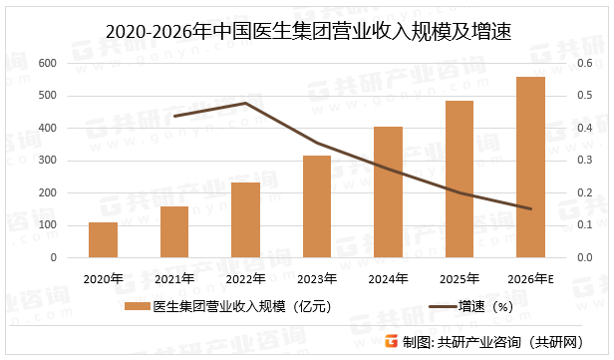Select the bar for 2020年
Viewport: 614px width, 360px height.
pyautogui.click(x=103, y=240)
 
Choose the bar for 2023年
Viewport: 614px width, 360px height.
pyautogui.click(x=317, y=206)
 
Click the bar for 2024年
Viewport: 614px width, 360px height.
pyautogui.click(x=388, y=192)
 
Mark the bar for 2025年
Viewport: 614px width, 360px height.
pyautogui.click(x=460, y=180)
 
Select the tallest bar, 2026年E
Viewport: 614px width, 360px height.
pyautogui.click(x=530, y=168)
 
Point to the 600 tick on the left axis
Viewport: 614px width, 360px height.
pyautogui.click(x=47, y=63)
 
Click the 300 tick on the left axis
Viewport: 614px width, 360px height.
pyautogui.click(x=47, y=161)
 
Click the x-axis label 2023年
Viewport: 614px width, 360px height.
pyautogui.click(x=317, y=278)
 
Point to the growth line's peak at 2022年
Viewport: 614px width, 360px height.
pyautogui.click(x=245, y=103)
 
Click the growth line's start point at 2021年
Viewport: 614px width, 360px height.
pyautogui.click(x=174, y=116)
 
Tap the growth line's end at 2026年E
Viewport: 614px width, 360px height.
pyautogui.click(x=530, y=208)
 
